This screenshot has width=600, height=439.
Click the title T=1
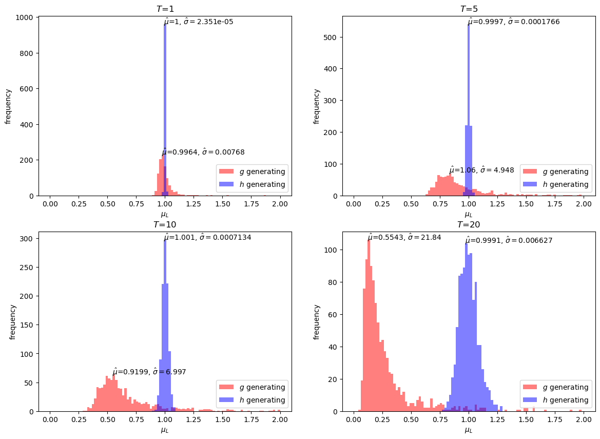[x=165, y=9]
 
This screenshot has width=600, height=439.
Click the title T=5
[x=469, y=9]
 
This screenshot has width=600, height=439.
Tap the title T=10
[x=165, y=224]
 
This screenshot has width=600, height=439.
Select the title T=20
[x=469, y=224]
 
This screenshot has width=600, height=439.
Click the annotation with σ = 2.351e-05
[x=199, y=22]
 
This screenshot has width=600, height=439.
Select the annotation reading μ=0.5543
[x=404, y=238]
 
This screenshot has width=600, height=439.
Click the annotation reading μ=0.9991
[x=509, y=240]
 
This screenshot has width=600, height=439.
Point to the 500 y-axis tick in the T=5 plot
[x=333, y=37]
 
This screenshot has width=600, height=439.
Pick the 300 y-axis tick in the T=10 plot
[x=28, y=238]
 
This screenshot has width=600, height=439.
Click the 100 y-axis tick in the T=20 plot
[x=333, y=250]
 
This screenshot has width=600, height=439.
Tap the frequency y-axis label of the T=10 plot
[x=13, y=322]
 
